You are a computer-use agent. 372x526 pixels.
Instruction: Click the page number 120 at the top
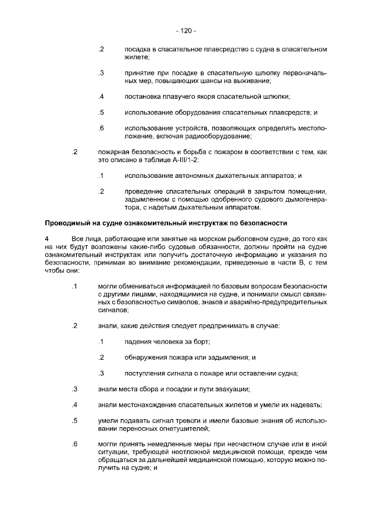pos(186,30)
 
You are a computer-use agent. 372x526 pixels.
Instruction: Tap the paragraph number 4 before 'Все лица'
pos(48,239)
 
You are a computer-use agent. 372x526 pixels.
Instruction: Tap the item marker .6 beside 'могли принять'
pos(74,445)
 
